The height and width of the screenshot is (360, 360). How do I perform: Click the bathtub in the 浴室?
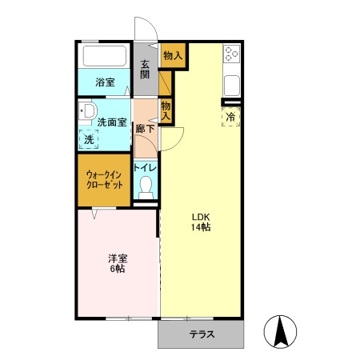click(105, 56)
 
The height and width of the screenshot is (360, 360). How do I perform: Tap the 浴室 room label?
click(105, 82)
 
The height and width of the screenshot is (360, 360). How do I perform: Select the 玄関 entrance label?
click(145, 70)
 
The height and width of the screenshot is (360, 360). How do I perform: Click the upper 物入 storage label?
click(173, 56)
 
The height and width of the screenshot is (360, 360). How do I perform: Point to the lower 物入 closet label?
click(166, 111)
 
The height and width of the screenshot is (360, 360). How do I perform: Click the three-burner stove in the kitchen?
click(231, 54)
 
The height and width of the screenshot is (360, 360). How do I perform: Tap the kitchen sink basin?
click(231, 86)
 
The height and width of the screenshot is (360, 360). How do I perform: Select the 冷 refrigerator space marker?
click(230, 117)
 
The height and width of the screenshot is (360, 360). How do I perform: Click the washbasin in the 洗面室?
click(87, 111)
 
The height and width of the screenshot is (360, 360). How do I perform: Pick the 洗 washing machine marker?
click(89, 139)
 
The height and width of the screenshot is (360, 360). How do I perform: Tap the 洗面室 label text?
click(111, 122)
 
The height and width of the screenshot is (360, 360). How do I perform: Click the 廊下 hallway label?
click(145, 129)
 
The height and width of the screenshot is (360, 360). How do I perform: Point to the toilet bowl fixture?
click(146, 187)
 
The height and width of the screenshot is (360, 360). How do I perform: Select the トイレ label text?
click(145, 168)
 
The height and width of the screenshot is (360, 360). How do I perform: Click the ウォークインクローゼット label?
click(104, 180)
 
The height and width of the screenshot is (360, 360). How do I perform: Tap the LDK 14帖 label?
click(201, 222)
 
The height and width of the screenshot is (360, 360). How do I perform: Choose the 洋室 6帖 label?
click(118, 263)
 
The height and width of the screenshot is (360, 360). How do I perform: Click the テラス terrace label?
click(202, 334)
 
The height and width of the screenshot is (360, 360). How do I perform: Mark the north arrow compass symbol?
click(280, 331)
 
